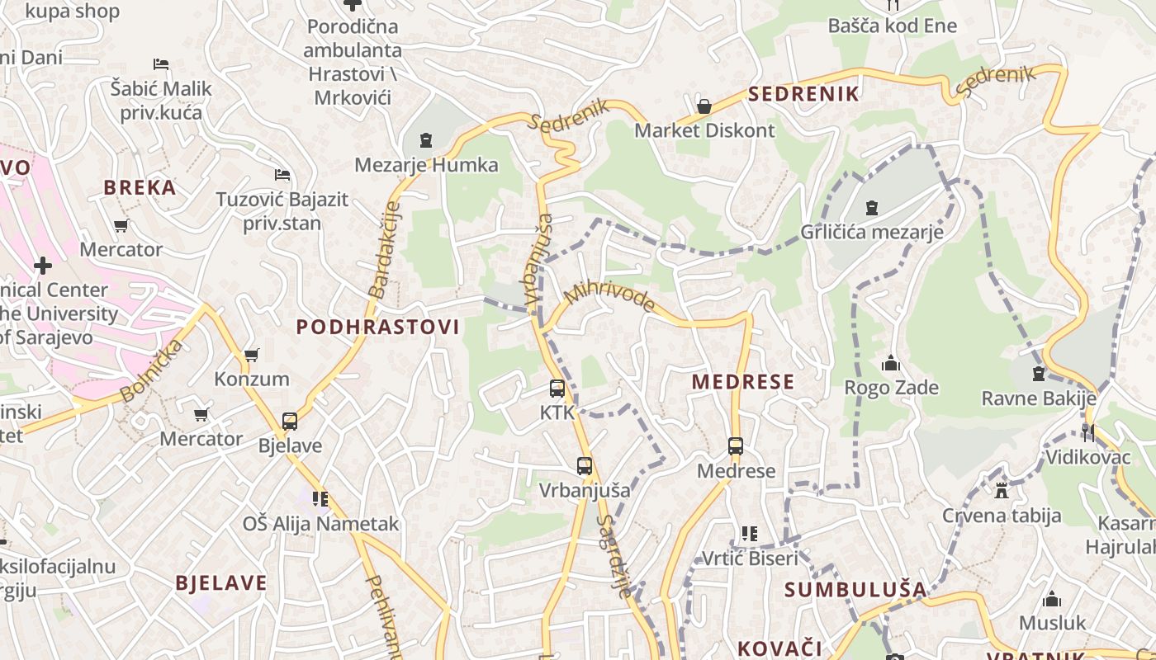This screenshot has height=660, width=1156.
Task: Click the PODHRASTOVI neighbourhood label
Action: click(x=377, y=327)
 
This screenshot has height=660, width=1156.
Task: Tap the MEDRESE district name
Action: click(x=743, y=382)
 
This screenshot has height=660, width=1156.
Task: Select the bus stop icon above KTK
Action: click(x=557, y=388)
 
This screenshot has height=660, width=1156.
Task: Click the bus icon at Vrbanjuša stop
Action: click(x=585, y=466)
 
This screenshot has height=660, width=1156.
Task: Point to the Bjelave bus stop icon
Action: click(x=290, y=422)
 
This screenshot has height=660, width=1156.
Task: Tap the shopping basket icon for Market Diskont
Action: click(x=704, y=106)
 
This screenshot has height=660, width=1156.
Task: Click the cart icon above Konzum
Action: click(x=252, y=356)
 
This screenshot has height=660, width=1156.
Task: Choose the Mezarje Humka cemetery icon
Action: click(x=426, y=141)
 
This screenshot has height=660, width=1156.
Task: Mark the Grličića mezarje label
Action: click(x=872, y=232)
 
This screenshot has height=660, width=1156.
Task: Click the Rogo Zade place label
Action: click(x=891, y=388)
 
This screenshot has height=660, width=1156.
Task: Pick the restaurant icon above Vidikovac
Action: click(x=1088, y=432)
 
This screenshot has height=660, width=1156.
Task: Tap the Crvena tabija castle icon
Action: click(x=1002, y=492)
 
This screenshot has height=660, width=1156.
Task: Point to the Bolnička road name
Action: click(x=151, y=370)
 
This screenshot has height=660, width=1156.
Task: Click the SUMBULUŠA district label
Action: click(x=855, y=590)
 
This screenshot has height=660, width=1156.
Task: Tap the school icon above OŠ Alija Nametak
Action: click(x=320, y=499)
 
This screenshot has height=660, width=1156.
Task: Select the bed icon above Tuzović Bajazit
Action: click(x=282, y=175)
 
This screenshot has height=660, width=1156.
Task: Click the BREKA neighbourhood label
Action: click(x=140, y=187)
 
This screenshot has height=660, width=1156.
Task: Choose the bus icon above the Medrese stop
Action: click(x=736, y=446)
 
